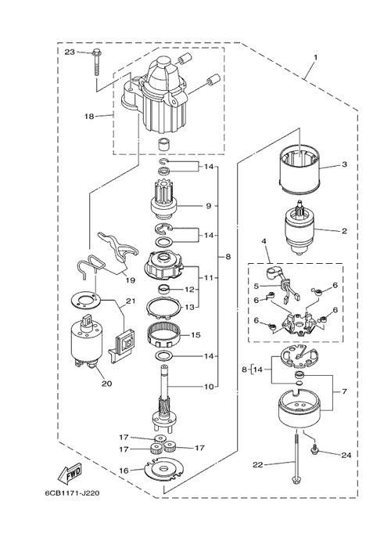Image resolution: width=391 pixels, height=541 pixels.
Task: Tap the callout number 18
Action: pos(89,117)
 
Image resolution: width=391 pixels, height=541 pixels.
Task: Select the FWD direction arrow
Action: pos(70,471)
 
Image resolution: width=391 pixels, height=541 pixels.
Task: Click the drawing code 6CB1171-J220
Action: pos(72,493)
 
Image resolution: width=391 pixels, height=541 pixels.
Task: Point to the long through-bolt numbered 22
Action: pos(296,459)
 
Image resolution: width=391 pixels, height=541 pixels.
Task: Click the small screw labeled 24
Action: pos(314,449)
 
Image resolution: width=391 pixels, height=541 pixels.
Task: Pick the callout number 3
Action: pos(345,164)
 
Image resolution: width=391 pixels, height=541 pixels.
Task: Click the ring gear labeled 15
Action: pos(163,334)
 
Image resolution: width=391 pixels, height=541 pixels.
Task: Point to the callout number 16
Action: pos(124,471)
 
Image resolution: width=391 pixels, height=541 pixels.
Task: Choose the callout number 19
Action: pos(131,280)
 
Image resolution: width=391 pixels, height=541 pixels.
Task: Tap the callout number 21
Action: pos(131,301)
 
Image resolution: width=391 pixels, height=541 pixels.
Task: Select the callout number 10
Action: pos(209,387)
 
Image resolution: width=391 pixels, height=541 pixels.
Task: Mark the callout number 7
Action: pos(344,391)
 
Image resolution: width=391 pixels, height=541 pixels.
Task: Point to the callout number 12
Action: pos(189,290)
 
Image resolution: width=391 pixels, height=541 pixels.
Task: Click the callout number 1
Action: pos(316,57)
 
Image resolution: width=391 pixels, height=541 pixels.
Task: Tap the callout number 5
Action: pos(256,286)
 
